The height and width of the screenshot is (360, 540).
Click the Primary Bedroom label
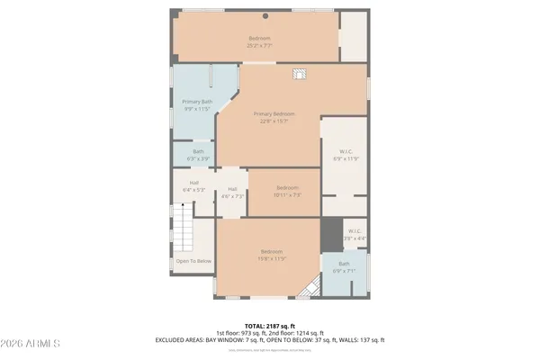274,113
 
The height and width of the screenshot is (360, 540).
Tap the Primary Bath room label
196,103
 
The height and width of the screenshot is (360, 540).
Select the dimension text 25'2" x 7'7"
260,44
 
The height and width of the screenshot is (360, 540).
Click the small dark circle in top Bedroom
265,16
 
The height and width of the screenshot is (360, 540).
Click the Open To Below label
193,261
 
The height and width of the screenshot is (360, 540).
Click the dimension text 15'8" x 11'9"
273,258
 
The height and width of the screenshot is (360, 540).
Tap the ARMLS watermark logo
31,345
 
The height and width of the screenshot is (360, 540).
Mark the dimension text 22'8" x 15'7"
274,121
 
